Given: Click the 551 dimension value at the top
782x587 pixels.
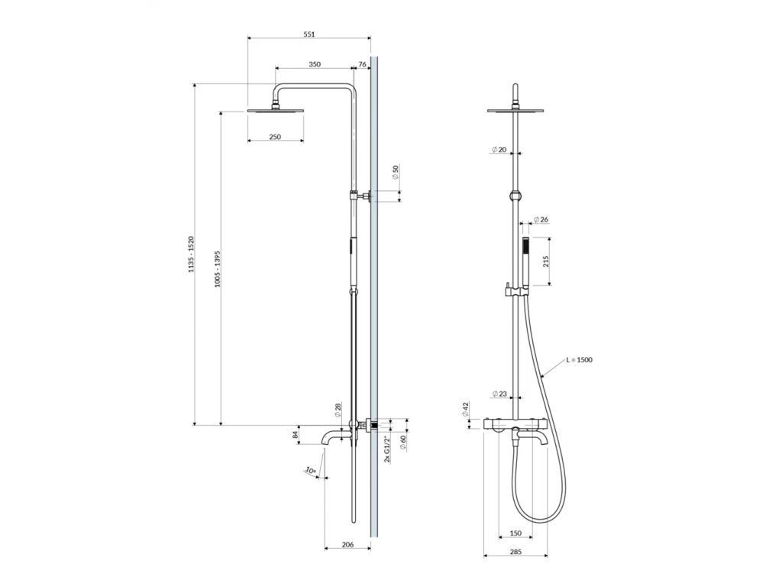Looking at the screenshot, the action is (x=309, y=34).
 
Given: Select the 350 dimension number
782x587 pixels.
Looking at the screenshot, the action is (x=315, y=64).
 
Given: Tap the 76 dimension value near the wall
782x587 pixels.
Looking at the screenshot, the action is (x=362, y=64).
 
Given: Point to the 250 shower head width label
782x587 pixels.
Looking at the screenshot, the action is (x=275, y=137).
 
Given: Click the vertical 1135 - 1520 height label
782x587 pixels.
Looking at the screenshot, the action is (x=190, y=254).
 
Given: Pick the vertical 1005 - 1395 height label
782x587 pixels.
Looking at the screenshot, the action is (x=218, y=268).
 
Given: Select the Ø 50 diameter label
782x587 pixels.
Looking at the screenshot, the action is (x=396, y=172).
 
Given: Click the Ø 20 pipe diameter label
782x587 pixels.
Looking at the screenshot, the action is (x=499, y=150).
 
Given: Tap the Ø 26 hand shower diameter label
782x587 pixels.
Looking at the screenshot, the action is (x=541, y=219).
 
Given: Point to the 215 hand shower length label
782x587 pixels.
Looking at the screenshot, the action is (x=545, y=261).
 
